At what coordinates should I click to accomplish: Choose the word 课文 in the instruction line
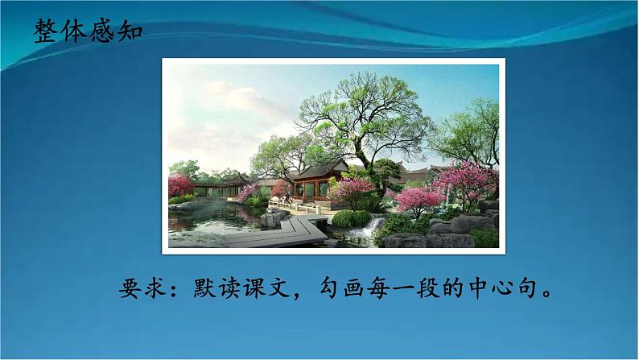coord(293,289)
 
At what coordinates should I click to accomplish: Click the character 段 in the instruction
coord(456,289)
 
